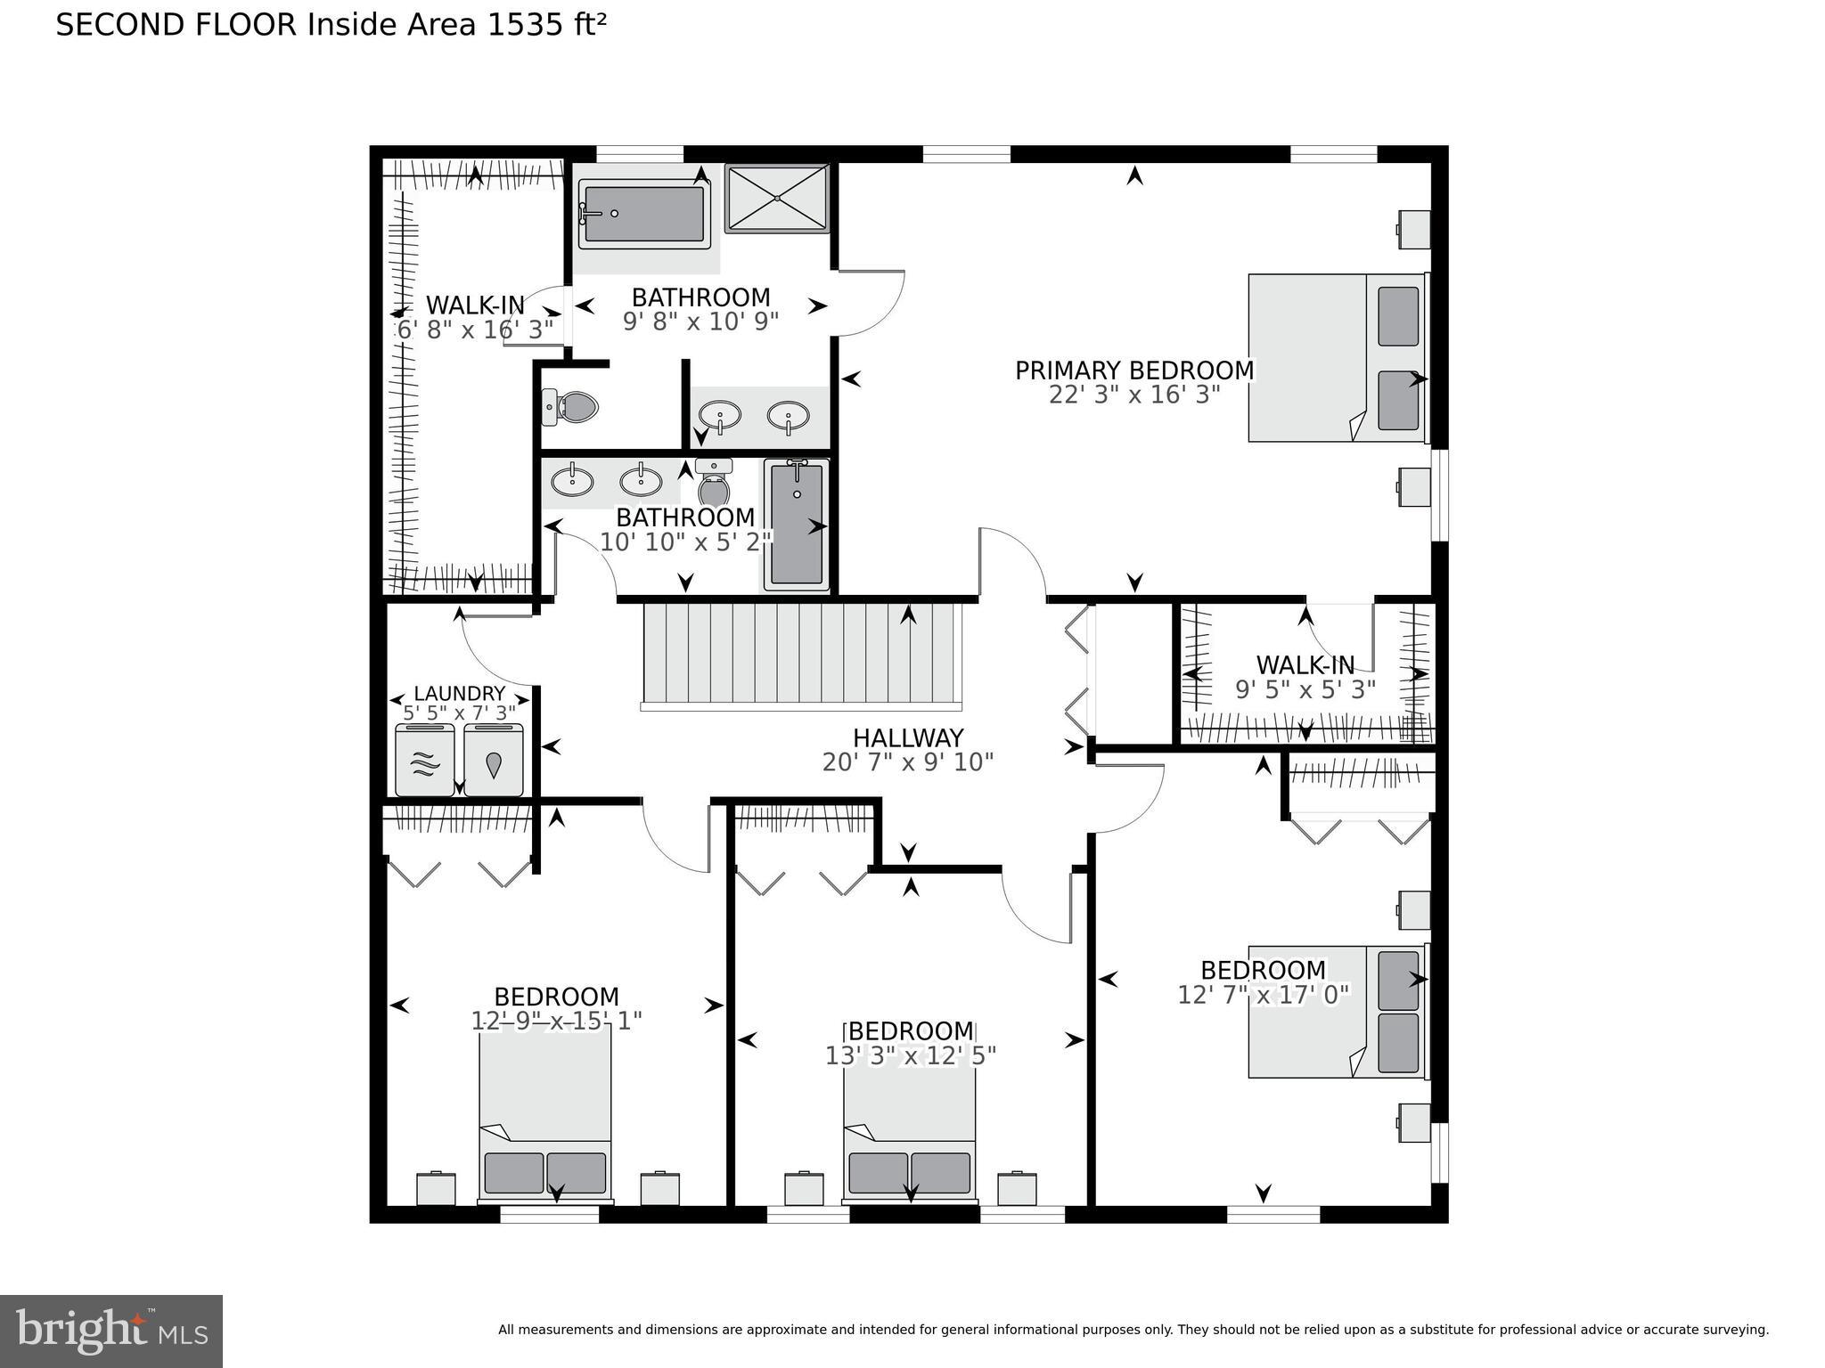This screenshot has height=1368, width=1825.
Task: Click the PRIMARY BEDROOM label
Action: tap(1133, 370)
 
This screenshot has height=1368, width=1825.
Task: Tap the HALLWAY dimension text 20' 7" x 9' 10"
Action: tap(907, 762)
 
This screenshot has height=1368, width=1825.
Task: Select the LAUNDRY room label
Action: tap(459, 694)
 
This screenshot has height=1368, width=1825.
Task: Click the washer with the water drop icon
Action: tap(493, 761)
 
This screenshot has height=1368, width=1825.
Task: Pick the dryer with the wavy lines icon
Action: tap(425, 761)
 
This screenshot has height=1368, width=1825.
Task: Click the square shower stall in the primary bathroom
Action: tap(777, 198)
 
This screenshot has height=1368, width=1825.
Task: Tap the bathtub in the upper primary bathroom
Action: tap(643, 214)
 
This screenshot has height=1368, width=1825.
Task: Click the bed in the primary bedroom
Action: tap(1335, 358)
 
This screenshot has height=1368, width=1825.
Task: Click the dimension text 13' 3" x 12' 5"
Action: tap(910, 1055)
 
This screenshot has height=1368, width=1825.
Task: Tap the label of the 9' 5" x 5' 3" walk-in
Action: tap(1305, 665)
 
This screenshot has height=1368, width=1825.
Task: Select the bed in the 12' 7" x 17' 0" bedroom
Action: tap(1335, 1012)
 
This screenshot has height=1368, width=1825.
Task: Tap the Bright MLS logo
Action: tap(110, 1331)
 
